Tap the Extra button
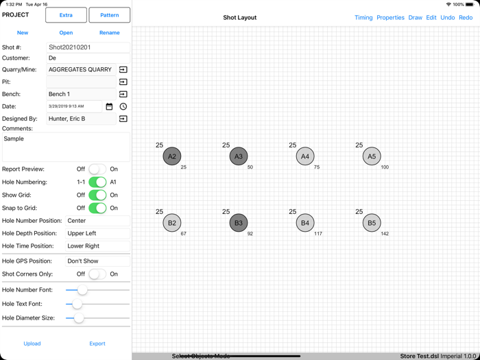pyautogui.click(x=66, y=15)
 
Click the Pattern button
pyautogui.click(x=109, y=15)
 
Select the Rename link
pyautogui.click(x=109, y=33)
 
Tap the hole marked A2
pyautogui.click(x=172, y=156)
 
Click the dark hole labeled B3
pyautogui.click(x=239, y=223)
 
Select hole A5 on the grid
pyautogui.click(x=372, y=156)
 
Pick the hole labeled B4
pyautogui.click(x=305, y=223)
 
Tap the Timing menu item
pyautogui.click(x=363, y=17)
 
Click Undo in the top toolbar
pyautogui.click(x=448, y=17)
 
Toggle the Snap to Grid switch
pyautogui.click(x=97, y=208)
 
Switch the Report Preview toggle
pyautogui.click(x=97, y=169)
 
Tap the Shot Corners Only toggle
pyautogui.click(x=97, y=274)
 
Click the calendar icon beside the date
pyautogui.click(x=109, y=106)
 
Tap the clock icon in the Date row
pyautogui.click(x=123, y=106)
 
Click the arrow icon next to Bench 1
pyautogui.click(x=123, y=95)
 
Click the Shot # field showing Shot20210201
pyautogui.click(x=88, y=47)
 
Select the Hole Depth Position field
pyautogui.click(x=97, y=233)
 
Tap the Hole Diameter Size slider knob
pyautogui.click(x=79, y=318)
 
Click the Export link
pyautogui.click(x=97, y=344)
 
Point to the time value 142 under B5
pyautogui.click(x=385, y=234)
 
